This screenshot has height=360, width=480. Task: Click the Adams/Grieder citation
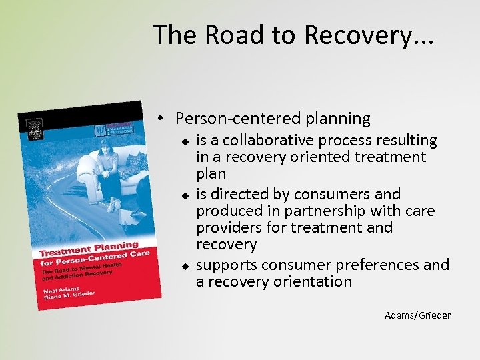417,315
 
